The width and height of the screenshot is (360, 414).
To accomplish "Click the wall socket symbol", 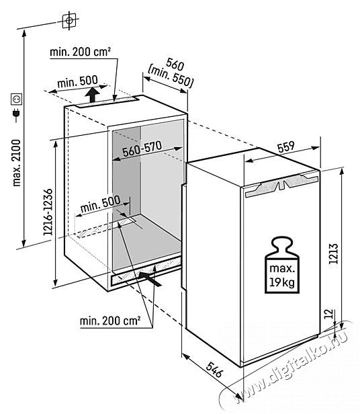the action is pyautogui.click(x=16, y=99).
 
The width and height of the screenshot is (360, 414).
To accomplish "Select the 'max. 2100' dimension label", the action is pyautogui.click(x=16, y=163).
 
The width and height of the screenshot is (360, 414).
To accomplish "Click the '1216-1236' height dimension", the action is pyautogui.click(x=48, y=212).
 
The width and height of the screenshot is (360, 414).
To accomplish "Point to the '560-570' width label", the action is pyautogui.click(x=142, y=149).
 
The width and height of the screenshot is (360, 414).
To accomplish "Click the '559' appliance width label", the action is pyautogui.click(x=286, y=147).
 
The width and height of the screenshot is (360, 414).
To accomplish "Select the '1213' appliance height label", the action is pyautogui.click(x=334, y=253).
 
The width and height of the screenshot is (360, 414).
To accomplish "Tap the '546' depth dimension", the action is pyautogui.click(x=214, y=370).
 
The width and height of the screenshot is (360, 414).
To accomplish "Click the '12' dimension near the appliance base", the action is pyautogui.click(x=329, y=314).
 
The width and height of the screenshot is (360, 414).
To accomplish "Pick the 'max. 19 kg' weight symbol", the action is pyautogui.click(x=282, y=265).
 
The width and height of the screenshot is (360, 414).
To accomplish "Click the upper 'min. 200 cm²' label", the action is pyautogui.click(x=80, y=52).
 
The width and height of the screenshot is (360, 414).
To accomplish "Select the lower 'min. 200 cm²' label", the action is pyautogui.click(x=110, y=321).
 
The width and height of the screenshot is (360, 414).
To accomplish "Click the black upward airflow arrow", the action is pyautogui.click(x=92, y=95).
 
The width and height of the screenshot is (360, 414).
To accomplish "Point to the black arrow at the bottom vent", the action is pyautogui.click(x=150, y=279).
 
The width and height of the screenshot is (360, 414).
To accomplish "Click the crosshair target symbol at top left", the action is pyautogui.click(x=69, y=21).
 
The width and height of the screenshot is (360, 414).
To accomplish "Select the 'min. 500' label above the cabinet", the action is pyautogui.click(x=77, y=81).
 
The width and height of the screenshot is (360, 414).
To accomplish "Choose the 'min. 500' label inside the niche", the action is pyautogui.click(x=100, y=204).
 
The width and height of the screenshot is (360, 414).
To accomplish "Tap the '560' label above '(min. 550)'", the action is pyautogui.click(x=175, y=64).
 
